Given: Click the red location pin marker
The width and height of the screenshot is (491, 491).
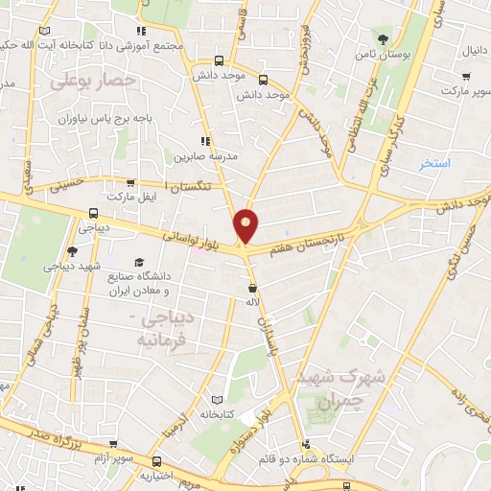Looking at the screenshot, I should [246, 224].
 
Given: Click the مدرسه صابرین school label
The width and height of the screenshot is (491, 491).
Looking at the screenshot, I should [198, 155].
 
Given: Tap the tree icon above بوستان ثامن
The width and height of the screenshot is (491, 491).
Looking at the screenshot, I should [384, 39].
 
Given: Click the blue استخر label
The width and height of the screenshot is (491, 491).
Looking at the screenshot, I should [435, 164].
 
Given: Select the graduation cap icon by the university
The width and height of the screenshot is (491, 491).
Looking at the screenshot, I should [140, 262].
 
